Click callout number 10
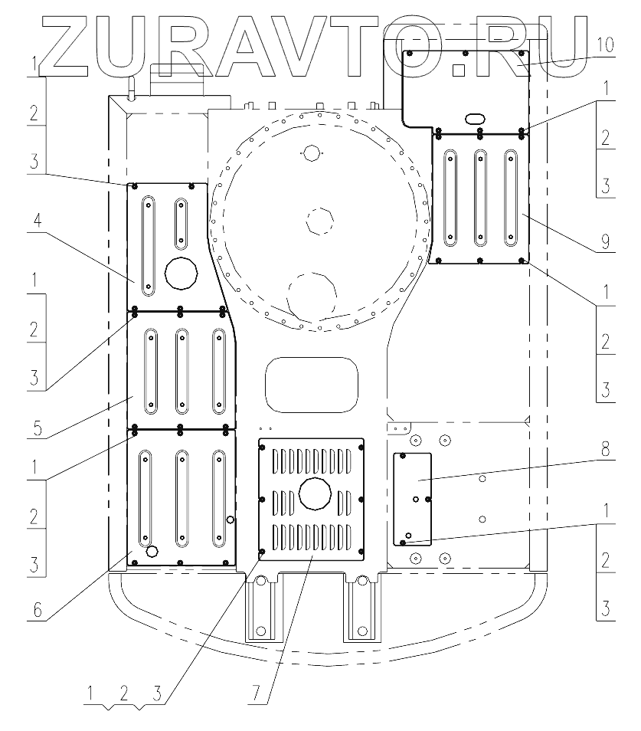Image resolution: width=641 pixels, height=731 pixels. click(x=605, y=46)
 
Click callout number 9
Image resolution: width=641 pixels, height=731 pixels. click(x=605, y=241)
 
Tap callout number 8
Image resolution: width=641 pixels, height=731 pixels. click(x=605, y=449)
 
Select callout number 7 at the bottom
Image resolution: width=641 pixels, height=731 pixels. click(x=257, y=693)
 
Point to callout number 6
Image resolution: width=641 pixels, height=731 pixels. click(x=38, y=610)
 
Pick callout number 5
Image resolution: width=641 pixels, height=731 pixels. click(x=38, y=428)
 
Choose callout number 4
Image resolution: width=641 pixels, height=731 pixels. click(x=38, y=220)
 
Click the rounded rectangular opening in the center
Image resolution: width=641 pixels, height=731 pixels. click(x=312, y=385)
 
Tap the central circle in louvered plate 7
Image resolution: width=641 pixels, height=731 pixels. click(x=315, y=493)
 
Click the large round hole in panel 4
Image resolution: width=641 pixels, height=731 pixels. click(x=182, y=273)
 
